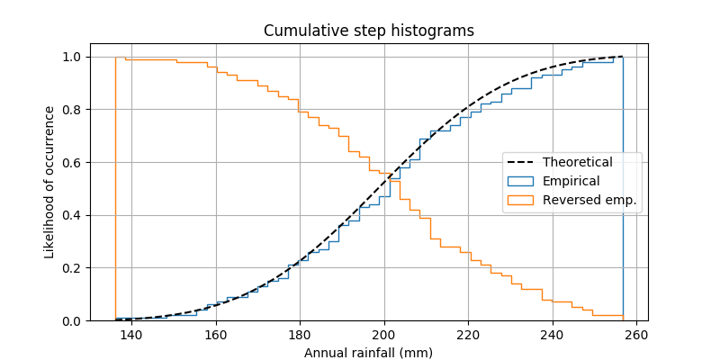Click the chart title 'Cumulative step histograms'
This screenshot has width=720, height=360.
pos(368,31)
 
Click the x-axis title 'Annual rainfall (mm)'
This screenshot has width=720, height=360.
pos(368,352)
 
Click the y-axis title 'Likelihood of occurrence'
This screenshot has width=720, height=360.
pos(49,182)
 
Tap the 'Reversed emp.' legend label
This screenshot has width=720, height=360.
pos(589,199)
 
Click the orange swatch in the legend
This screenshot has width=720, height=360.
pos(521,199)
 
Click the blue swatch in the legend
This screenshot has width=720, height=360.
pos(521,181)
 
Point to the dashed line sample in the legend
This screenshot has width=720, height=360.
pos(521,163)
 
